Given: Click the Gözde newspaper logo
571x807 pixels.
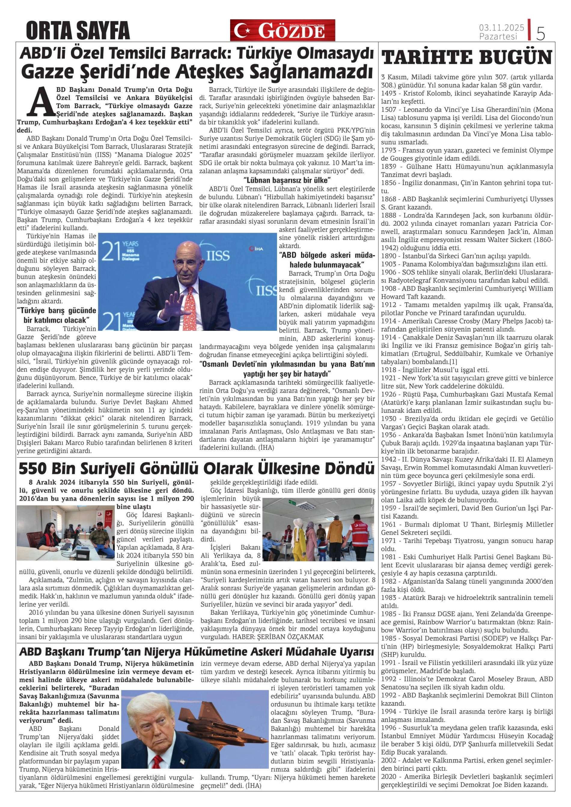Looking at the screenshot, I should click(x=282, y=30).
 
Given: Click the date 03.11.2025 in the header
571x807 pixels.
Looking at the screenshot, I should click(x=501, y=27).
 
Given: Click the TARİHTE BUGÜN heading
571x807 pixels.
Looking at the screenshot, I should click(x=467, y=58).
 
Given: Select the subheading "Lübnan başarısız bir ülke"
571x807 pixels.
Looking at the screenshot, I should click(x=287, y=181).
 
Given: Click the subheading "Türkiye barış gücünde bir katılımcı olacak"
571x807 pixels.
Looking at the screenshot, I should click(x=56, y=315).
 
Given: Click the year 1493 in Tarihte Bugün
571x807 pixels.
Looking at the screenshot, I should click(x=388, y=93).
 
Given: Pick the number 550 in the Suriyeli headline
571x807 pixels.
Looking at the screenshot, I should click(x=33, y=469).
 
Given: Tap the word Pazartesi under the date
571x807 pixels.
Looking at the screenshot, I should click(x=498, y=37).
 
